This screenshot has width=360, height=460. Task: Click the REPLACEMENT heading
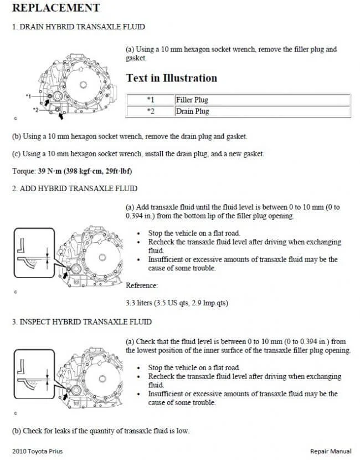tap(56, 8)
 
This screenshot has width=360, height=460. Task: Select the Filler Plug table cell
tap(192, 100)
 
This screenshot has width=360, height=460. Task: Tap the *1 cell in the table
tap(150, 100)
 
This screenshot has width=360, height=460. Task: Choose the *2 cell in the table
tap(150, 111)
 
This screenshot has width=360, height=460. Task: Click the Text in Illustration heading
tap(172, 78)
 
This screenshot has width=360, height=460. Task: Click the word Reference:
tap(142, 285)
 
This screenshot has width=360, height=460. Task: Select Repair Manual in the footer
tap(331, 451)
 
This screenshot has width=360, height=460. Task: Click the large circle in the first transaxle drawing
tap(84, 85)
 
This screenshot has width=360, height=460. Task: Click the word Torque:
tap(24, 171)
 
